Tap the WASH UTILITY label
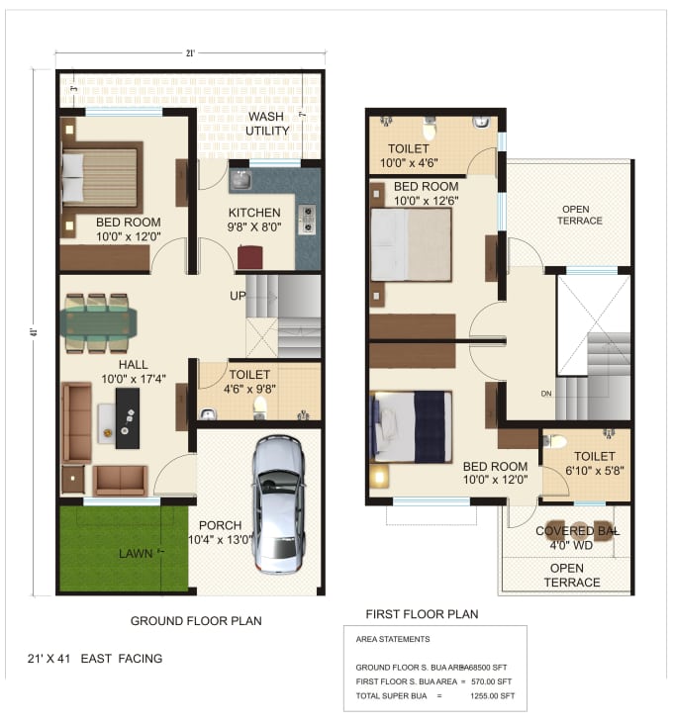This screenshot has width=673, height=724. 268,124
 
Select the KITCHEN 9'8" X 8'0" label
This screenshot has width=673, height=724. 254,220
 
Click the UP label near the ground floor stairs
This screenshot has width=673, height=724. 238,296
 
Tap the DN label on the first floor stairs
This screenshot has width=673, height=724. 545,392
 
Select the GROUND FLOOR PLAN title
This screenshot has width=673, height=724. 196,621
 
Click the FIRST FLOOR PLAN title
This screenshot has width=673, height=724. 422,614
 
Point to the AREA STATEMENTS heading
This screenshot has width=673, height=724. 392,640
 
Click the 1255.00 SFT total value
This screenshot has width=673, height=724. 492,696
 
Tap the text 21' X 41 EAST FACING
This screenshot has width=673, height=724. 95,658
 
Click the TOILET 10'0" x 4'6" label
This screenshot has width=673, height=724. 409,156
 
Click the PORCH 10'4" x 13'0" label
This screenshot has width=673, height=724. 220,532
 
